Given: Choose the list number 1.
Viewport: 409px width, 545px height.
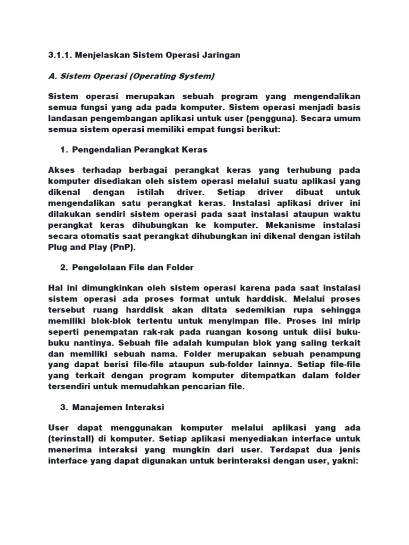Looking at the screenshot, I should point(63,150).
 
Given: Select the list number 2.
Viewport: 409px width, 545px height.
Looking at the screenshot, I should point(63,267).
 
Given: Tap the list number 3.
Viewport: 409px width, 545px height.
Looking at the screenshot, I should point(63,407).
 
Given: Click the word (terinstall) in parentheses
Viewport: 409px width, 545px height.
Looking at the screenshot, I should point(71,439).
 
